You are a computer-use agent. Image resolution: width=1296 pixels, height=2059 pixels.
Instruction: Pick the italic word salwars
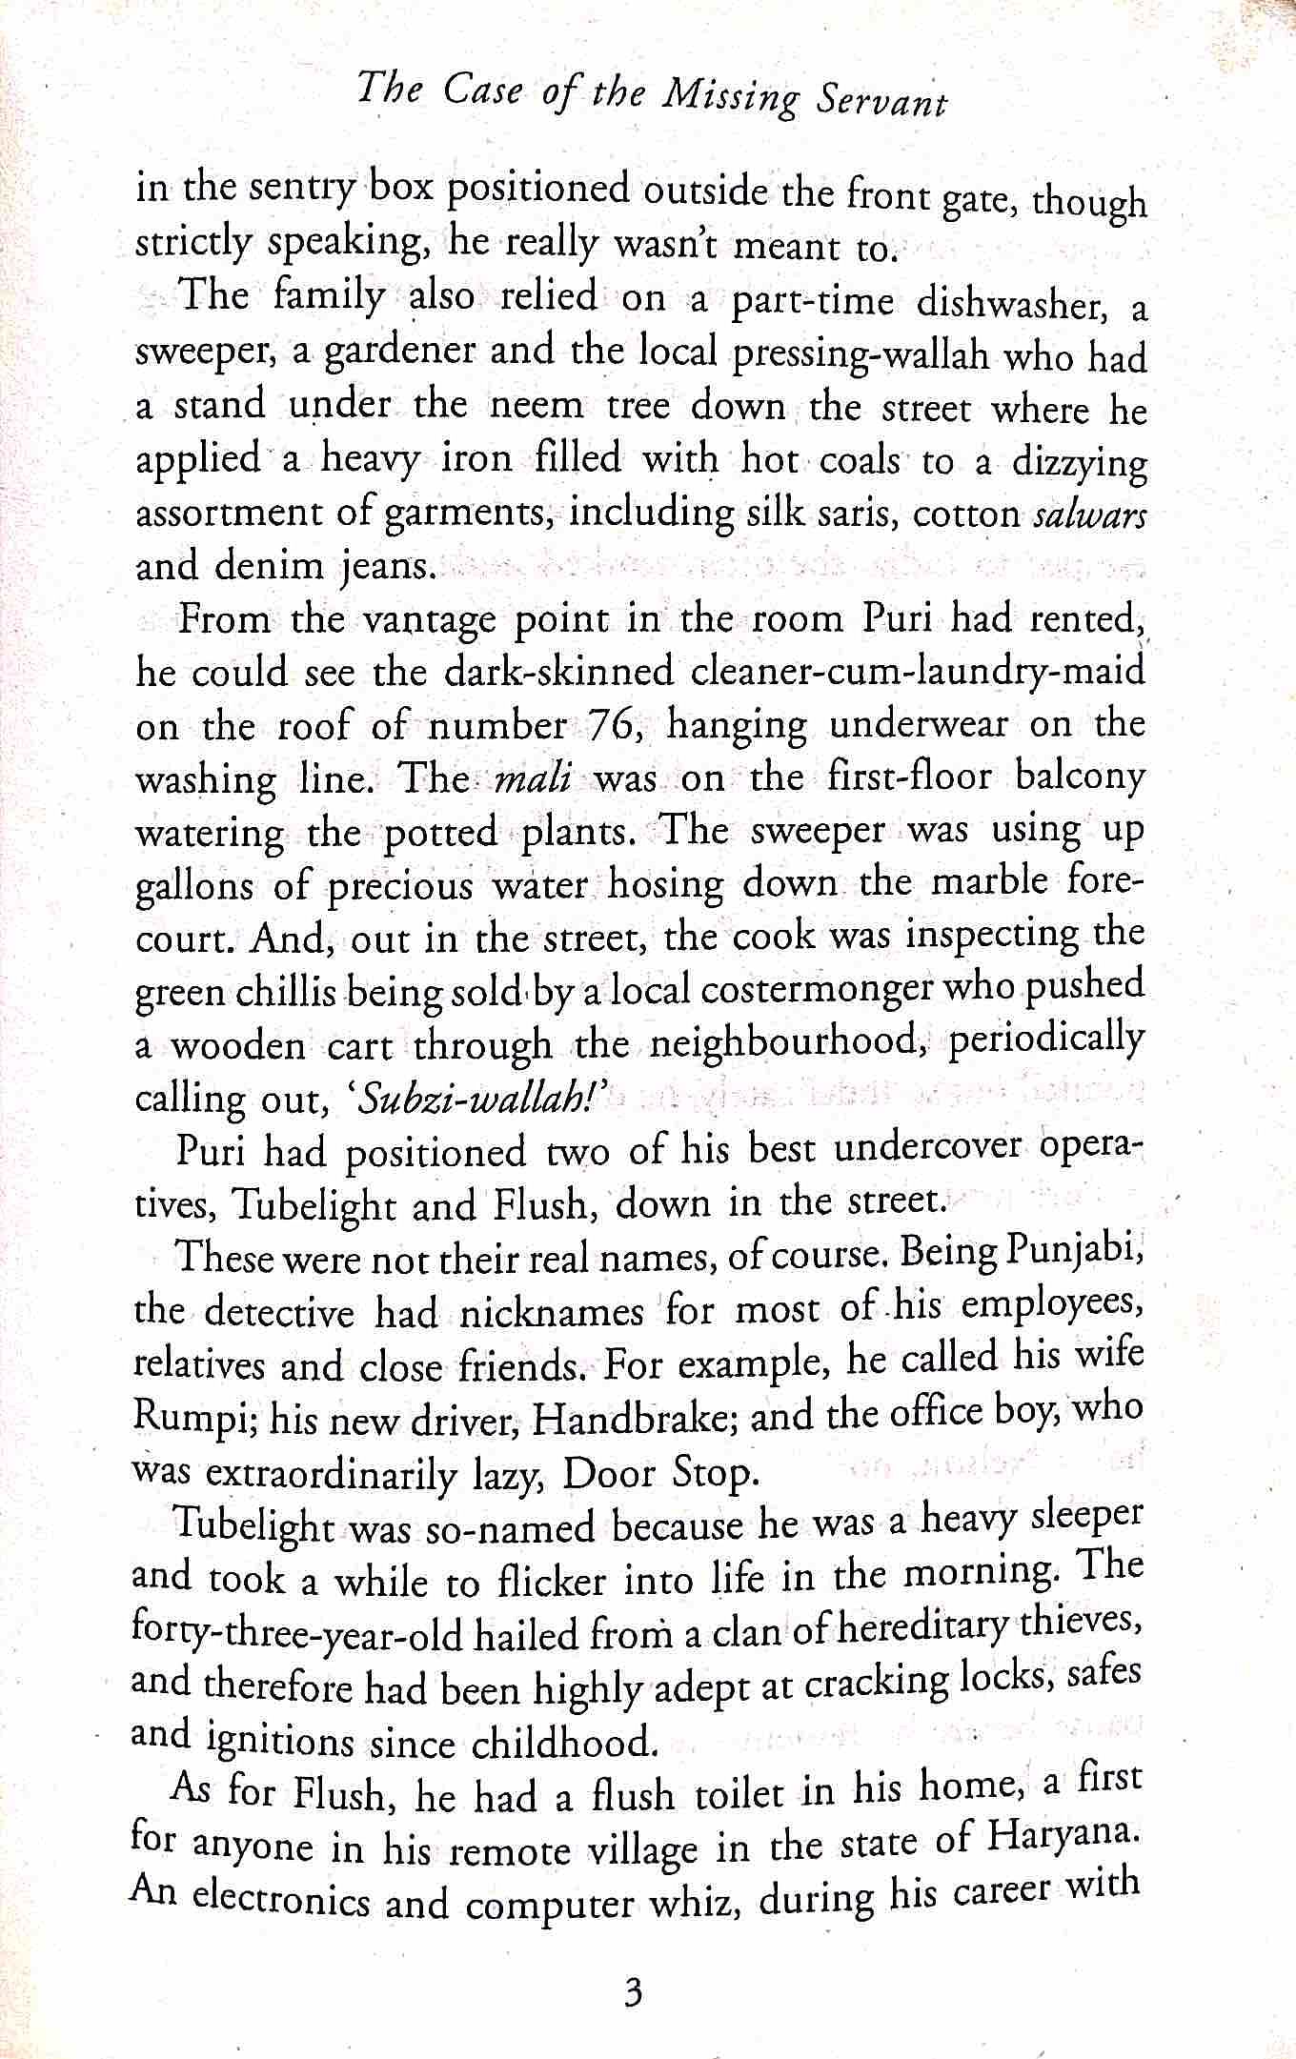tap(1088, 515)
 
